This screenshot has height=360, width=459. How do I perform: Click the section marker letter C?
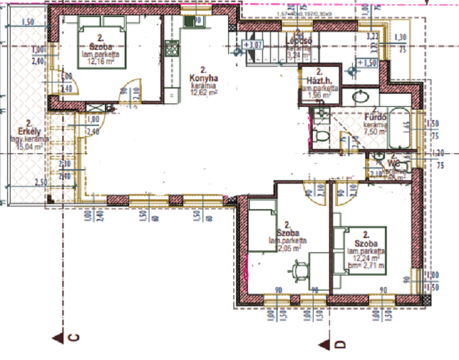73,338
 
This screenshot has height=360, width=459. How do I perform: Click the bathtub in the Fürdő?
398,129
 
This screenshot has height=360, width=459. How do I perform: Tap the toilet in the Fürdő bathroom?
321,137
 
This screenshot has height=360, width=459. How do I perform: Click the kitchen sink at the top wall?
190,22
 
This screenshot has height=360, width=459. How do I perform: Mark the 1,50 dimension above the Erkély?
28,22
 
